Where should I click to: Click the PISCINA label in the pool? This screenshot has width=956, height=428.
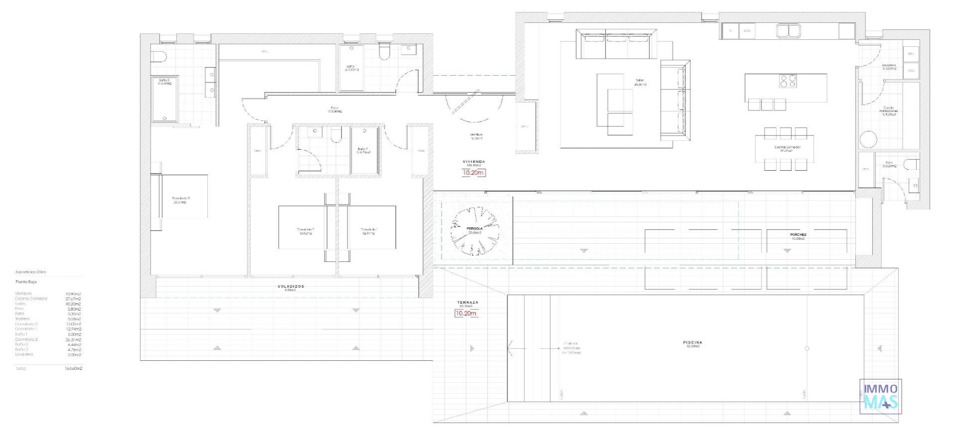pos(693,343)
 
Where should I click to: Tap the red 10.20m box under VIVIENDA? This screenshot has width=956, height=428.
pos(473,173)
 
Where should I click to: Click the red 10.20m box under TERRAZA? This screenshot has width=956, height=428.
pos(466,314)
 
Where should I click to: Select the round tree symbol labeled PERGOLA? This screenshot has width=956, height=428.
pos(475,231)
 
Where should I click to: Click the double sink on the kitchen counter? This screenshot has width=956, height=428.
pos(788,31)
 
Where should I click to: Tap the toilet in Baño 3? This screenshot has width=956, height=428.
pos(158,56)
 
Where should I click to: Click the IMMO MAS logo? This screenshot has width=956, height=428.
pos(880,397)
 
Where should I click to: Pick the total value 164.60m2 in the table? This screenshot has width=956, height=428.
pos(73,369)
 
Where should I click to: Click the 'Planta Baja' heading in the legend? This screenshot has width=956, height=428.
pos(26,282)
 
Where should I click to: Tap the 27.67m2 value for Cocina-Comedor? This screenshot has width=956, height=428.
pos(73,299)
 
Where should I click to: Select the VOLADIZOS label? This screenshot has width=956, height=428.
pos(290,287)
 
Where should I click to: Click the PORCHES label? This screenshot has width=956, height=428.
pos(798,234)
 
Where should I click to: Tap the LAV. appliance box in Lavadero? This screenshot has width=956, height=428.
pos(911,71)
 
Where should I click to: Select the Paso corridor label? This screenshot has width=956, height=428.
pos(335,107)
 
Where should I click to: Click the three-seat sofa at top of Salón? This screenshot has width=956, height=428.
pos(617,44)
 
